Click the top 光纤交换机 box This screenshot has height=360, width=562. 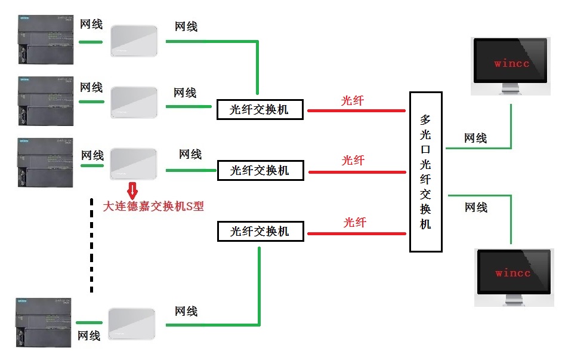260,110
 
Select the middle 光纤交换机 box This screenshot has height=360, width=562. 260,171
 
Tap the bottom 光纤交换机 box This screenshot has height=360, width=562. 260,231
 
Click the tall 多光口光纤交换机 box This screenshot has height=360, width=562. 425,172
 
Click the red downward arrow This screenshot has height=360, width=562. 132,190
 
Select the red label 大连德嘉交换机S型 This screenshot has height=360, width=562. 153,207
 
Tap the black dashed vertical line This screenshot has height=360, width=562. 91,245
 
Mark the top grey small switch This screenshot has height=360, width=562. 134,41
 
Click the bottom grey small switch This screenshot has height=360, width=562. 131,324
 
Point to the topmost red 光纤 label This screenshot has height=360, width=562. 352,100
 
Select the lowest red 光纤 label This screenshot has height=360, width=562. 354,222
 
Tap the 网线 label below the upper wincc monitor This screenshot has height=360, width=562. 475,138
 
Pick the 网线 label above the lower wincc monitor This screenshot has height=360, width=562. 476,207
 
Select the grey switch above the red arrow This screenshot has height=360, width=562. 134,163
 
